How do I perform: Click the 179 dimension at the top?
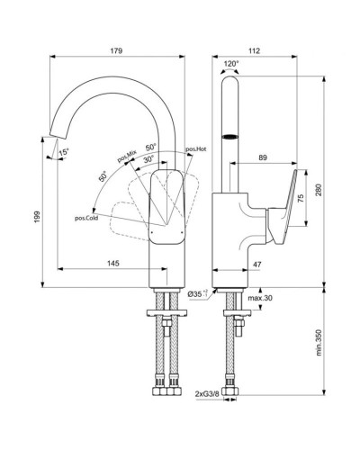click(117, 50)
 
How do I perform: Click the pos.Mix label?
click(125, 157)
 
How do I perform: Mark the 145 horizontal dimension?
click(112, 263)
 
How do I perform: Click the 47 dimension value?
click(256, 263)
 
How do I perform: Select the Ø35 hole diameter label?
click(197, 294)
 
